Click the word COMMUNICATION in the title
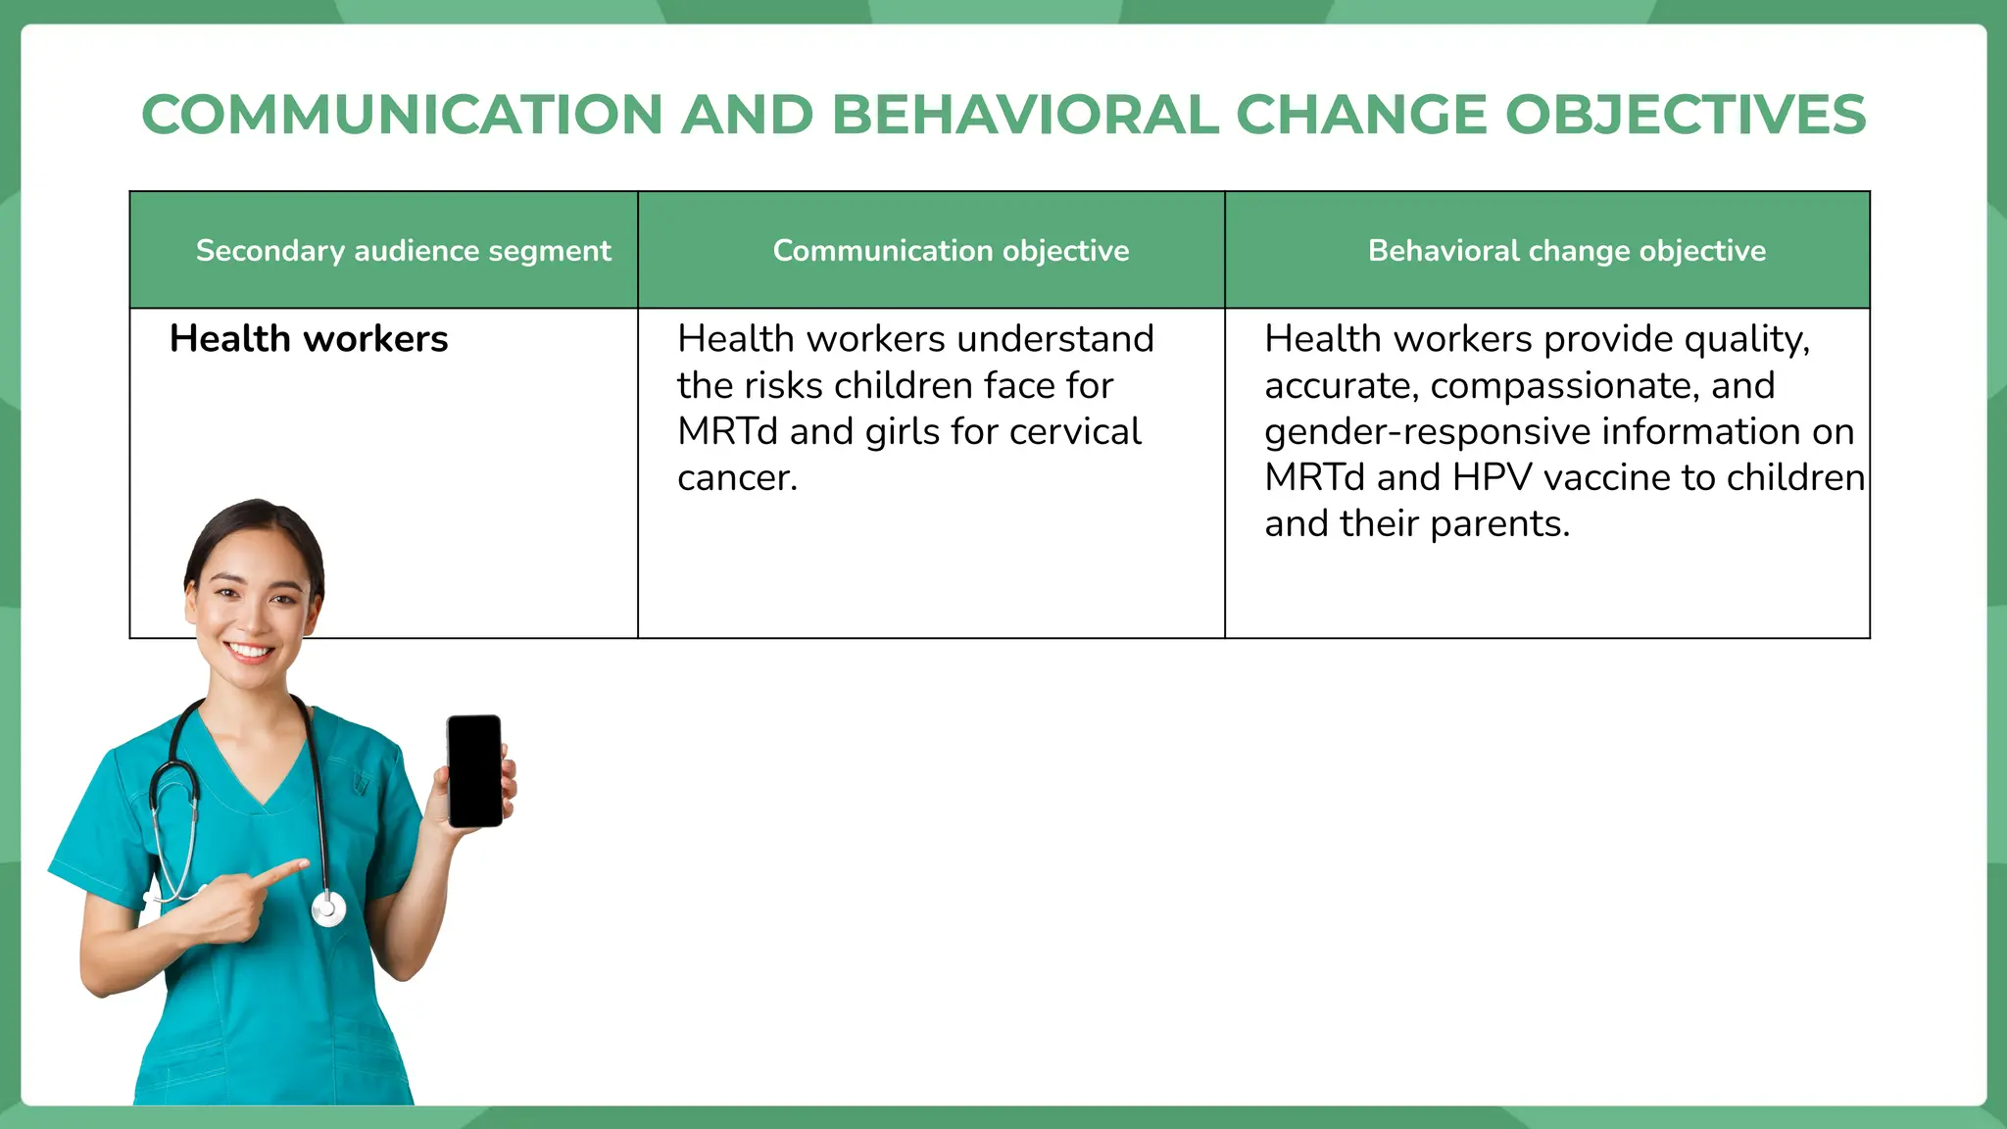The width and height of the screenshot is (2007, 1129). click(x=403, y=115)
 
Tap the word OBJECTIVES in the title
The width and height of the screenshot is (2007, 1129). click(x=1686, y=115)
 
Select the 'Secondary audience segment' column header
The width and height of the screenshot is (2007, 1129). click(x=403, y=251)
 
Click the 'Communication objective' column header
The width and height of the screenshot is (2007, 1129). click(x=951, y=251)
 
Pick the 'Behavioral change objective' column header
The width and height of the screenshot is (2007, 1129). click(x=1566, y=251)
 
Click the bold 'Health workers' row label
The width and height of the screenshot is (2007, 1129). click(x=309, y=339)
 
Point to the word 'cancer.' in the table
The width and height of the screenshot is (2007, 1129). click(x=737, y=478)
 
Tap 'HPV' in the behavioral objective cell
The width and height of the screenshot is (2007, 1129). click(x=1492, y=478)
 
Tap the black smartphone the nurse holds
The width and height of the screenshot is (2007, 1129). click(x=475, y=770)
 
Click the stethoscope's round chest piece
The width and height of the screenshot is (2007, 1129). click(x=328, y=909)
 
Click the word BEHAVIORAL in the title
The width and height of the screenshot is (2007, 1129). click(x=1025, y=115)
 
